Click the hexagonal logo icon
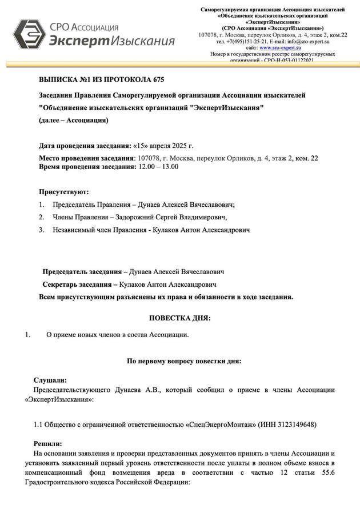point(29,34)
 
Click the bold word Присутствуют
point(63,191)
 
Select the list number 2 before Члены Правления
point(41,217)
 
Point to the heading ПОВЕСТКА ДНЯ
point(180,318)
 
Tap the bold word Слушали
point(50,380)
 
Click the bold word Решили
point(47,443)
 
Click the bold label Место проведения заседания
point(86,158)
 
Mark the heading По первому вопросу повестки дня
point(183,361)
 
